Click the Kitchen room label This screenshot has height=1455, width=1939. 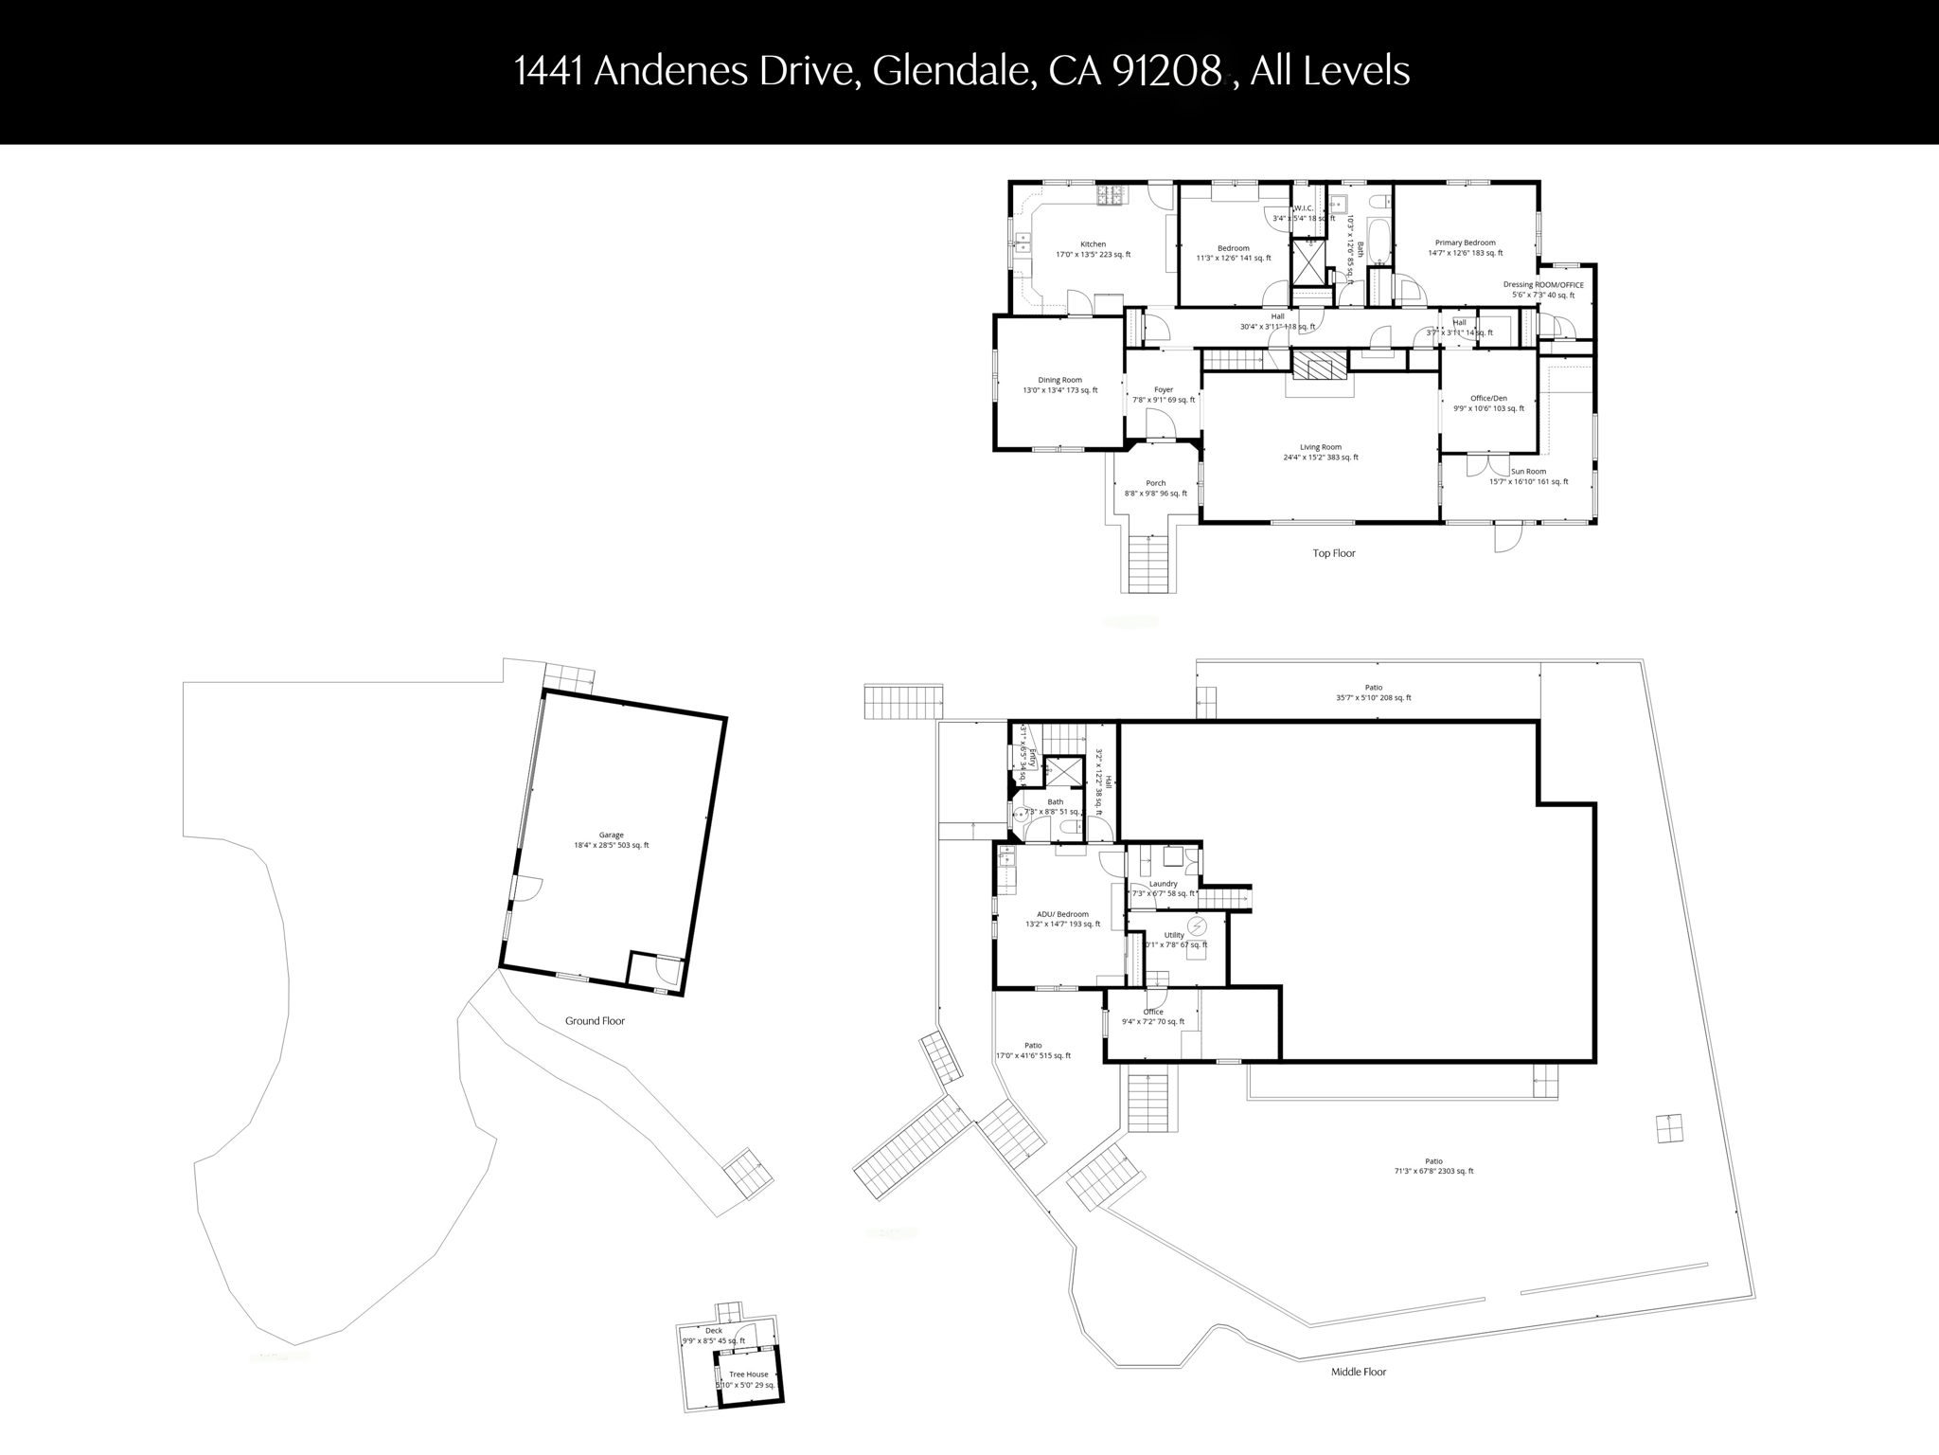(x=1093, y=244)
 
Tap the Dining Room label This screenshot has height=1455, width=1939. (x=1059, y=380)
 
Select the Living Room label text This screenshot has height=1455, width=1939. (x=1320, y=447)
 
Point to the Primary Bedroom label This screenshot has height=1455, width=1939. (x=1465, y=242)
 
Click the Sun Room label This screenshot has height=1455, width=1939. (x=1528, y=472)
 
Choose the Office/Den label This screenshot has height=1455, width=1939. (x=1488, y=398)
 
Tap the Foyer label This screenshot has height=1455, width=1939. (x=1164, y=389)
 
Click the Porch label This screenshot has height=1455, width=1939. (x=1156, y=483)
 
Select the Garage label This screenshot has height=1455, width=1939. (x=611, y=835)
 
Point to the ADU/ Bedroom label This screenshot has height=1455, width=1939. (x=1062, y=914)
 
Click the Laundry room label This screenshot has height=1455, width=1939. (x=1164, y=884)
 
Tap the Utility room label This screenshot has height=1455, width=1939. (x=1174, y=935)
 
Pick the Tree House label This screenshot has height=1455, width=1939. (x=749, y=1374)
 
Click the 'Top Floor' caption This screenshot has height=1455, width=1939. (x=1333, y=553)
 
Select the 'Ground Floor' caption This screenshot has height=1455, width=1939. (x=595, y=1020)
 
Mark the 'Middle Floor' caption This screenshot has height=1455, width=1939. (x=1358, y=1372)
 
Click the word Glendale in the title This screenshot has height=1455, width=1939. (x=952, y=71)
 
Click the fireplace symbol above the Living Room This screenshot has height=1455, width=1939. (x=1319, y=365)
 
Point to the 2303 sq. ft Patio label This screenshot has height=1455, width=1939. (x=1433, y=1161)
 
